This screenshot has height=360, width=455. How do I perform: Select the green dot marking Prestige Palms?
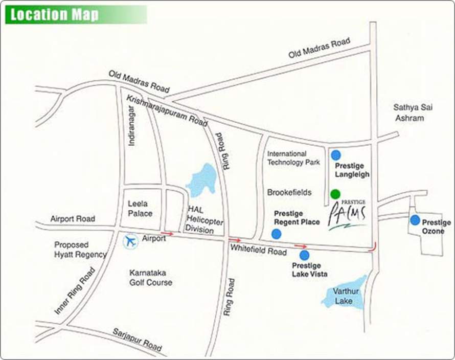coord(335,194)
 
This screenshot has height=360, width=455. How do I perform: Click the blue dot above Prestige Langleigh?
coord(336,154)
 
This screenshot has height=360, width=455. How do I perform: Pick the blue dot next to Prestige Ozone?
coord(415,220)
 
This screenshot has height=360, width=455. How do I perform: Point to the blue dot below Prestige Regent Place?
coord(276,234)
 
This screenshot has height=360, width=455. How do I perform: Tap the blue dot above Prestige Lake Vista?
coord(304,255)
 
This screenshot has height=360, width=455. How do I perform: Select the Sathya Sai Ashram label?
coord(409,112)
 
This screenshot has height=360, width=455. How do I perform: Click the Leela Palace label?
coord(140,208)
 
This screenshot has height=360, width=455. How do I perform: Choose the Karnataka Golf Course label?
coord(151,277)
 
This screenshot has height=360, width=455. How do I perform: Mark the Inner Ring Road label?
coord(75,291)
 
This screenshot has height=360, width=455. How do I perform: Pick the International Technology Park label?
coord(293,157)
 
